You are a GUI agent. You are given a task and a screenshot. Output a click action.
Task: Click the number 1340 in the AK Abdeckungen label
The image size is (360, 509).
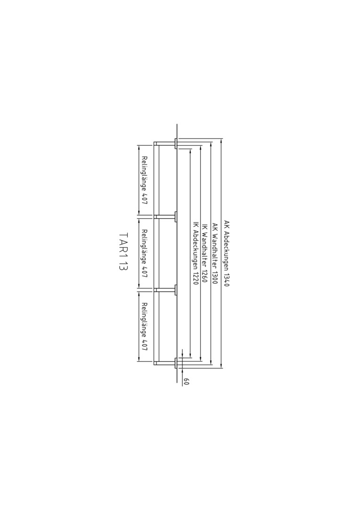226,279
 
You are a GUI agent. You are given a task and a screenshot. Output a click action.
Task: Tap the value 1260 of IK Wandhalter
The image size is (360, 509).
205,276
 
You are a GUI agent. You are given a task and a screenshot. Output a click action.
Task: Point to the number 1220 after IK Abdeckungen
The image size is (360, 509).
196,278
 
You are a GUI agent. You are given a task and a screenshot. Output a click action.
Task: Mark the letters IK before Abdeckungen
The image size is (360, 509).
196,224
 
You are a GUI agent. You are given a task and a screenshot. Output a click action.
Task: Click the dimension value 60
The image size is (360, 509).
186,381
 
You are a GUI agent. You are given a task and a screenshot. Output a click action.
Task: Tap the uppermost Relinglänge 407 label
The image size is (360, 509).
145,180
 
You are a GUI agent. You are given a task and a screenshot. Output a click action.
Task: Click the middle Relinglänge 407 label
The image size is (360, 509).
145,253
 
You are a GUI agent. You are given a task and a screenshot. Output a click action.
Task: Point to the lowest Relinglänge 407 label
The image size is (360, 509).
145,327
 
